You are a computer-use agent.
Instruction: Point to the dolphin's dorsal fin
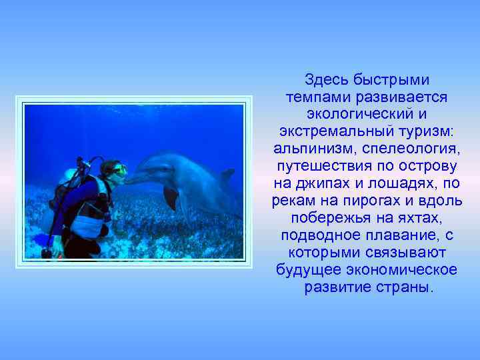[x=227, y=175]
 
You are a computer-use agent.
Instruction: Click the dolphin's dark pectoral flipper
[x=171, y=197]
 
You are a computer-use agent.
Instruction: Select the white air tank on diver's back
[x=69, y=177]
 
